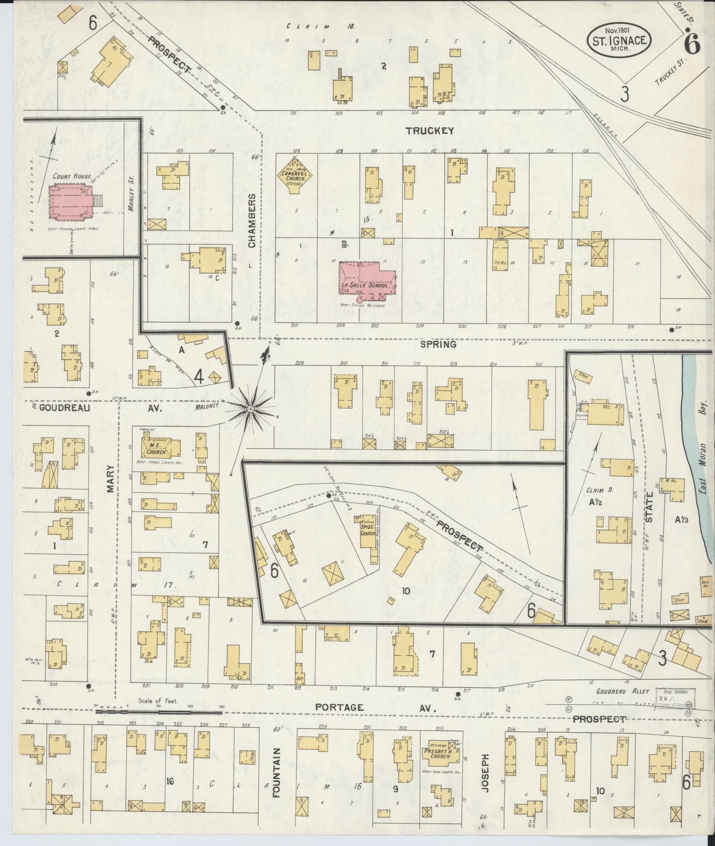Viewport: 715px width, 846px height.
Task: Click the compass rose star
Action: (250, 409)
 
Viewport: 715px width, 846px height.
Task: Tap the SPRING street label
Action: (438, 344)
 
